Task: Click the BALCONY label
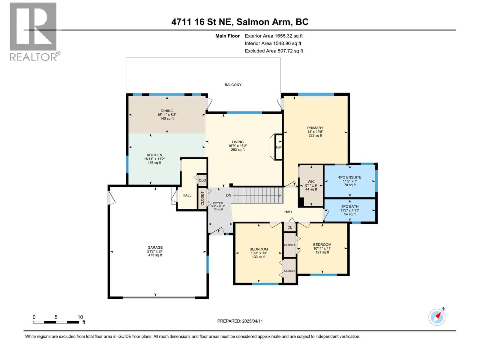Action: [x=233, y=85]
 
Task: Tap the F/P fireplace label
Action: [x=279, y=147]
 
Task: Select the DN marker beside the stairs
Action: [x=229, y=195]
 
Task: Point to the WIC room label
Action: [x=311, y=181]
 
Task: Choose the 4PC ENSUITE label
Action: [x=350, y=177]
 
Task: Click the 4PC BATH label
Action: [x=350, y=207]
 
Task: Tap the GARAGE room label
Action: [x=155, y=247]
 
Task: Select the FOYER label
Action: [x=218, y=203]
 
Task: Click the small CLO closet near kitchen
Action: [x=202, y=180]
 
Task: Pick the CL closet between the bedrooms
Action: [x=289, y=227]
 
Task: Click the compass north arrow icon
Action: [x=437, y=317]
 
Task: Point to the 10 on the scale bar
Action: [x=80, y=317]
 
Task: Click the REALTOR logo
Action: [x=34, y=31]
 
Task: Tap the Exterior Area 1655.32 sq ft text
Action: [x=274, y=36]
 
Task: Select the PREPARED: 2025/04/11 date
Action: [x=240, y=321]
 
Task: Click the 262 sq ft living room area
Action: [x=238, y=150]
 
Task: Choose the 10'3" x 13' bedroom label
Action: [x=259, y=253]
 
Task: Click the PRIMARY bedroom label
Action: [x=315, y=128]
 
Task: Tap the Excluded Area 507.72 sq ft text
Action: [x=274, y=51]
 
